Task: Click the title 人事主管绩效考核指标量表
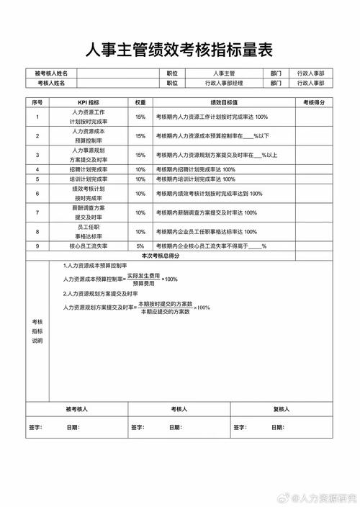coord(180,50)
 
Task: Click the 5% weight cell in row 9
coord(140,246)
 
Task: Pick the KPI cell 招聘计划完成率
coord(89,169)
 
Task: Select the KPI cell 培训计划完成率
coord(89,179)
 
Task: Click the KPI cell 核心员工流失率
coord(89,246)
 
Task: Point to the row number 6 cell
coord(37,194)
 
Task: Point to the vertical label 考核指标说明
coord(37,331)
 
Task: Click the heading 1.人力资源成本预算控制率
coord(100,265)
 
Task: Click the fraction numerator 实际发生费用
coord(143,275)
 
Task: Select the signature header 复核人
coord(281,409)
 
